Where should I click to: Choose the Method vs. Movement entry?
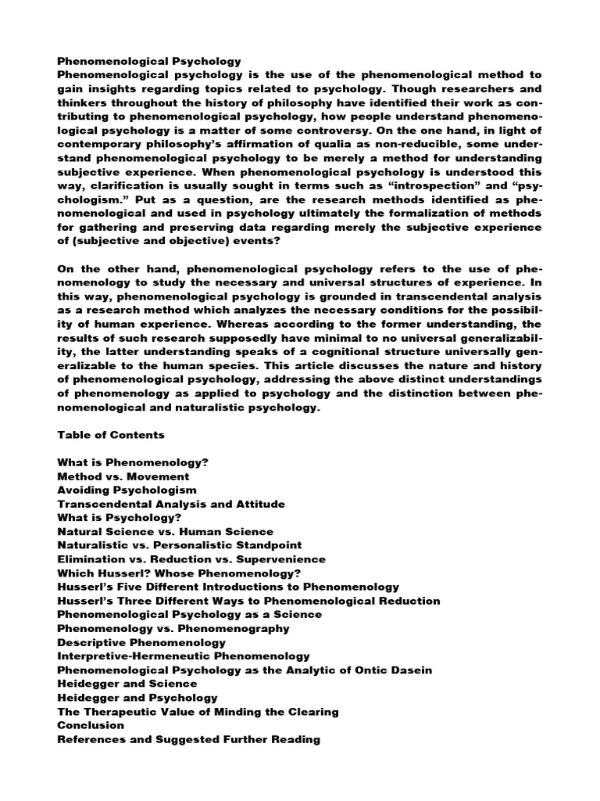123,476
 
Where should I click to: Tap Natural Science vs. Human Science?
166,531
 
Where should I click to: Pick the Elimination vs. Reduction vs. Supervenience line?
191,559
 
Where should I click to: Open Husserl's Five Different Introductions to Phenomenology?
229,587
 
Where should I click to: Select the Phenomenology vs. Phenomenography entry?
173,628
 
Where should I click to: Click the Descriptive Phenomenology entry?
141,642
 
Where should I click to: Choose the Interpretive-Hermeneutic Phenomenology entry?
184,656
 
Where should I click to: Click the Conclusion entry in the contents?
91,725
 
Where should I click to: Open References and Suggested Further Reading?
189,739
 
